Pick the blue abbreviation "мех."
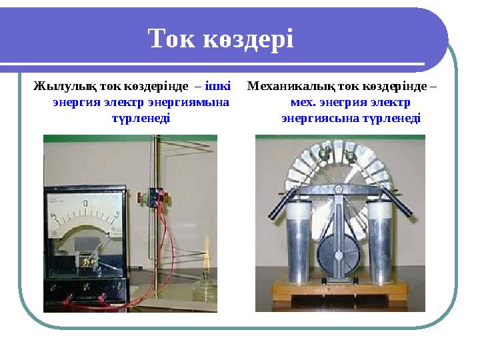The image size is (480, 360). pyautogui.click(x=303, y=103)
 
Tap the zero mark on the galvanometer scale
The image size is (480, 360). pyautogui.click(x=85, y=202)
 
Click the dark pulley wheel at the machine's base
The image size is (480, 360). pyautogui.click(x=338, y=257)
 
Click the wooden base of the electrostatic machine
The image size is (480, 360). pyautogui.click(x=340, y=293)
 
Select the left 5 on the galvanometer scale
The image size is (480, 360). pyautogui.click(x=55, y=217)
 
